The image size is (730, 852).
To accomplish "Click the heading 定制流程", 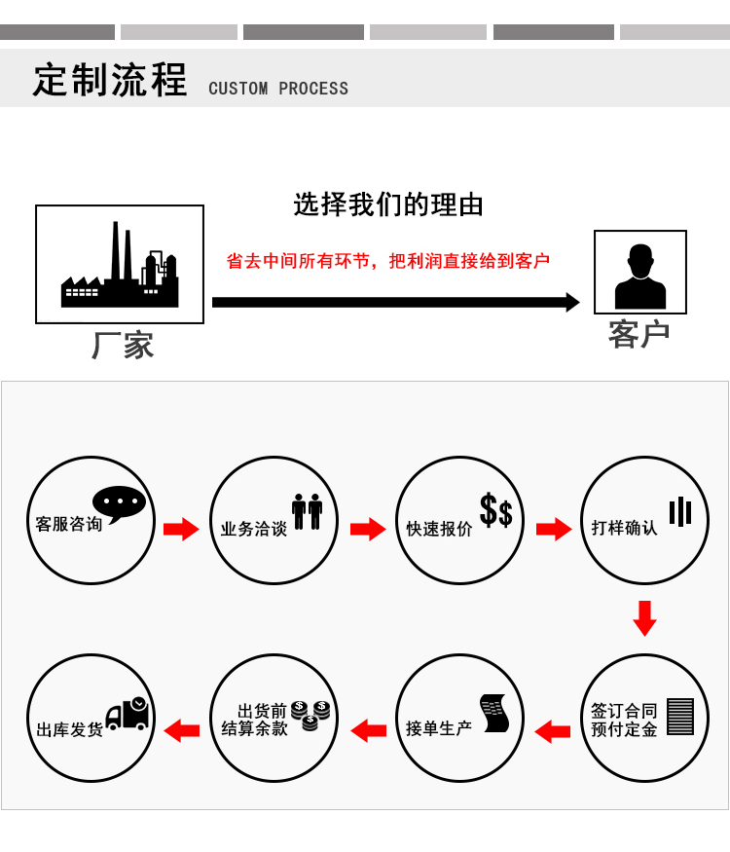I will [110, 81].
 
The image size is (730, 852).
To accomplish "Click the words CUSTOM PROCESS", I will [278, 89].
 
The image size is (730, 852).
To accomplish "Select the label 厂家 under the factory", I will [123, 346].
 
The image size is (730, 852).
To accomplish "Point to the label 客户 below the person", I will [639, 334].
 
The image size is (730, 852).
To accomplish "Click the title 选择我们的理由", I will [388, 205].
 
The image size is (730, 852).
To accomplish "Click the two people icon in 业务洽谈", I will [308, 511].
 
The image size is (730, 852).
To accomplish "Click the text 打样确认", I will [625, 528].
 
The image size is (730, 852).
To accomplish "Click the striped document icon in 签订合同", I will [680, 718].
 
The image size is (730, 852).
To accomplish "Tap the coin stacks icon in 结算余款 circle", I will [310, 715].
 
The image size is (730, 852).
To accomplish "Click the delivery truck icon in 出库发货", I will [128, 714].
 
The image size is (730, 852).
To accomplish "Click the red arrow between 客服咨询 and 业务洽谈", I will [181, 529].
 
